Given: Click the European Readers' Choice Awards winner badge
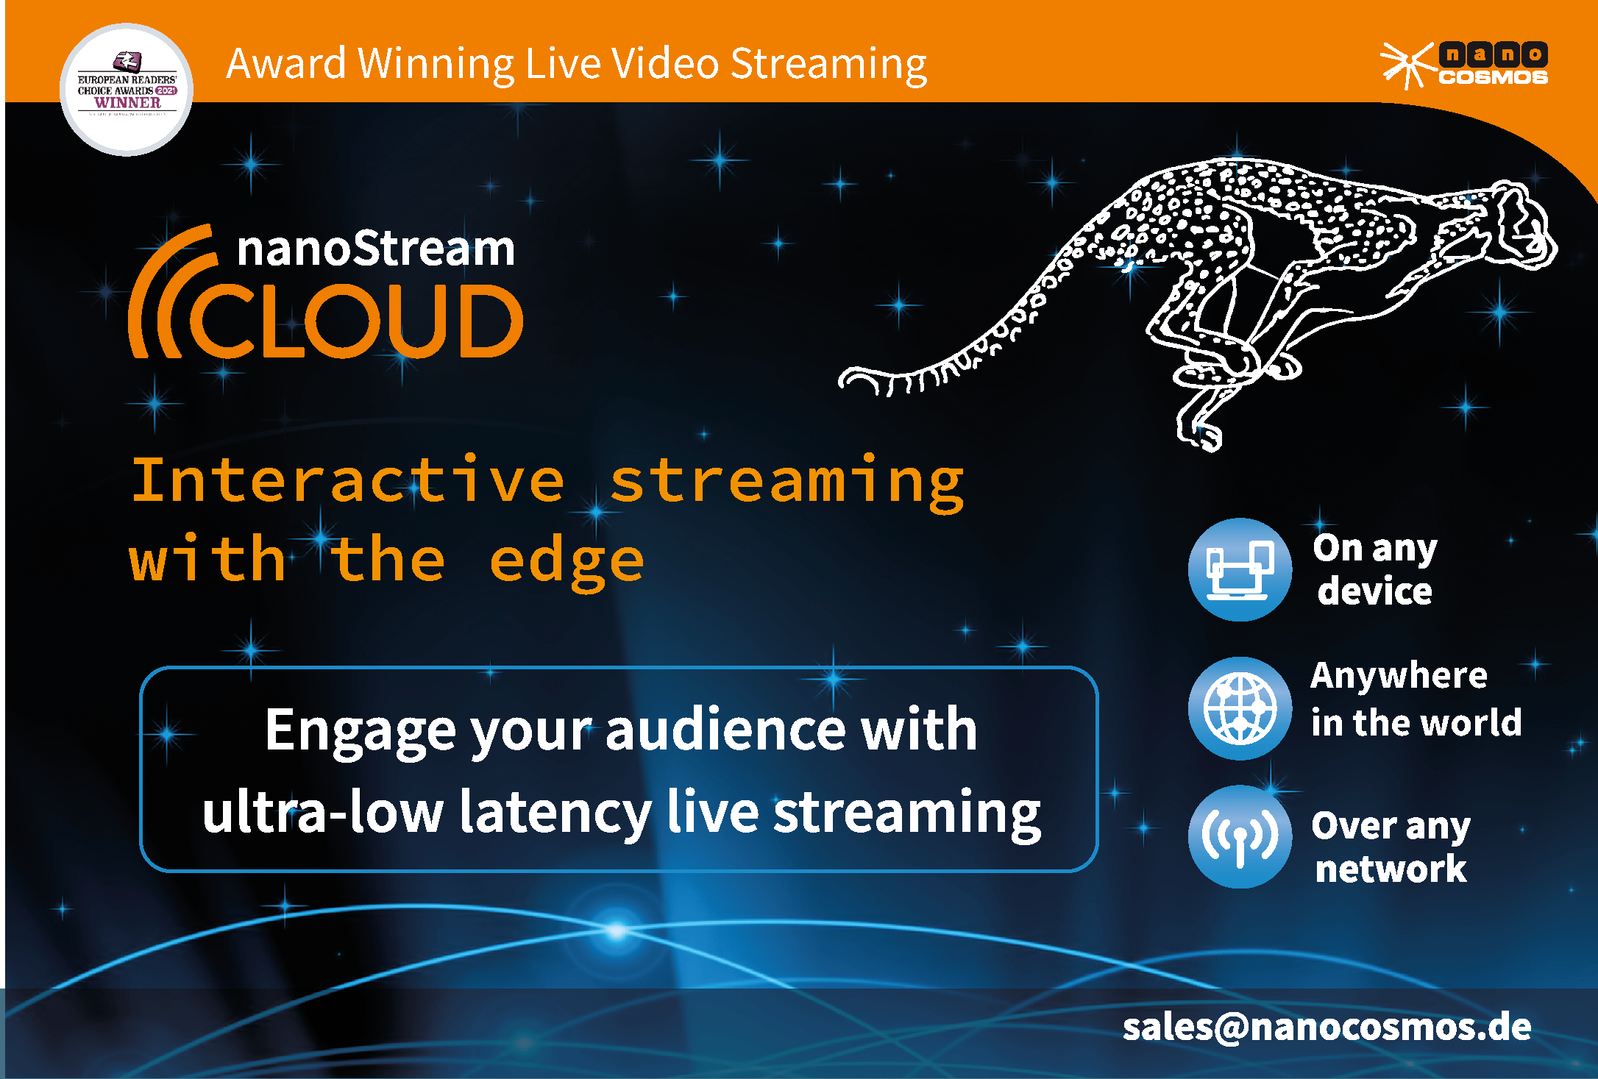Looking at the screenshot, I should click(x=127, y=90).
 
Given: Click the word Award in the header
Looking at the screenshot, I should click(x=286, y=63).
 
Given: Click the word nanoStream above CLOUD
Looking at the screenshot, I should click(x=376, y=249).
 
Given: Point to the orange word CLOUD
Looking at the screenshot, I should click(x=357, y=322).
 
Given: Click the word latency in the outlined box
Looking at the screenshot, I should click(x=555, y=813).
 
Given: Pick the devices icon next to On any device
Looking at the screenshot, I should click(x=1240, y=569).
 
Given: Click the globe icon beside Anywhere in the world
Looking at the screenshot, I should click(x=1240, y=708).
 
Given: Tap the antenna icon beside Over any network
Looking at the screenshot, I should click(x=1240, y=836).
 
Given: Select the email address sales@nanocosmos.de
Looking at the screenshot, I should click(x=1327, y=1027).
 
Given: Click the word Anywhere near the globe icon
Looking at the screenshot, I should click(x=1399, y=676).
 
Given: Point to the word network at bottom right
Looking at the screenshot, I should click(x=1391, y=869).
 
